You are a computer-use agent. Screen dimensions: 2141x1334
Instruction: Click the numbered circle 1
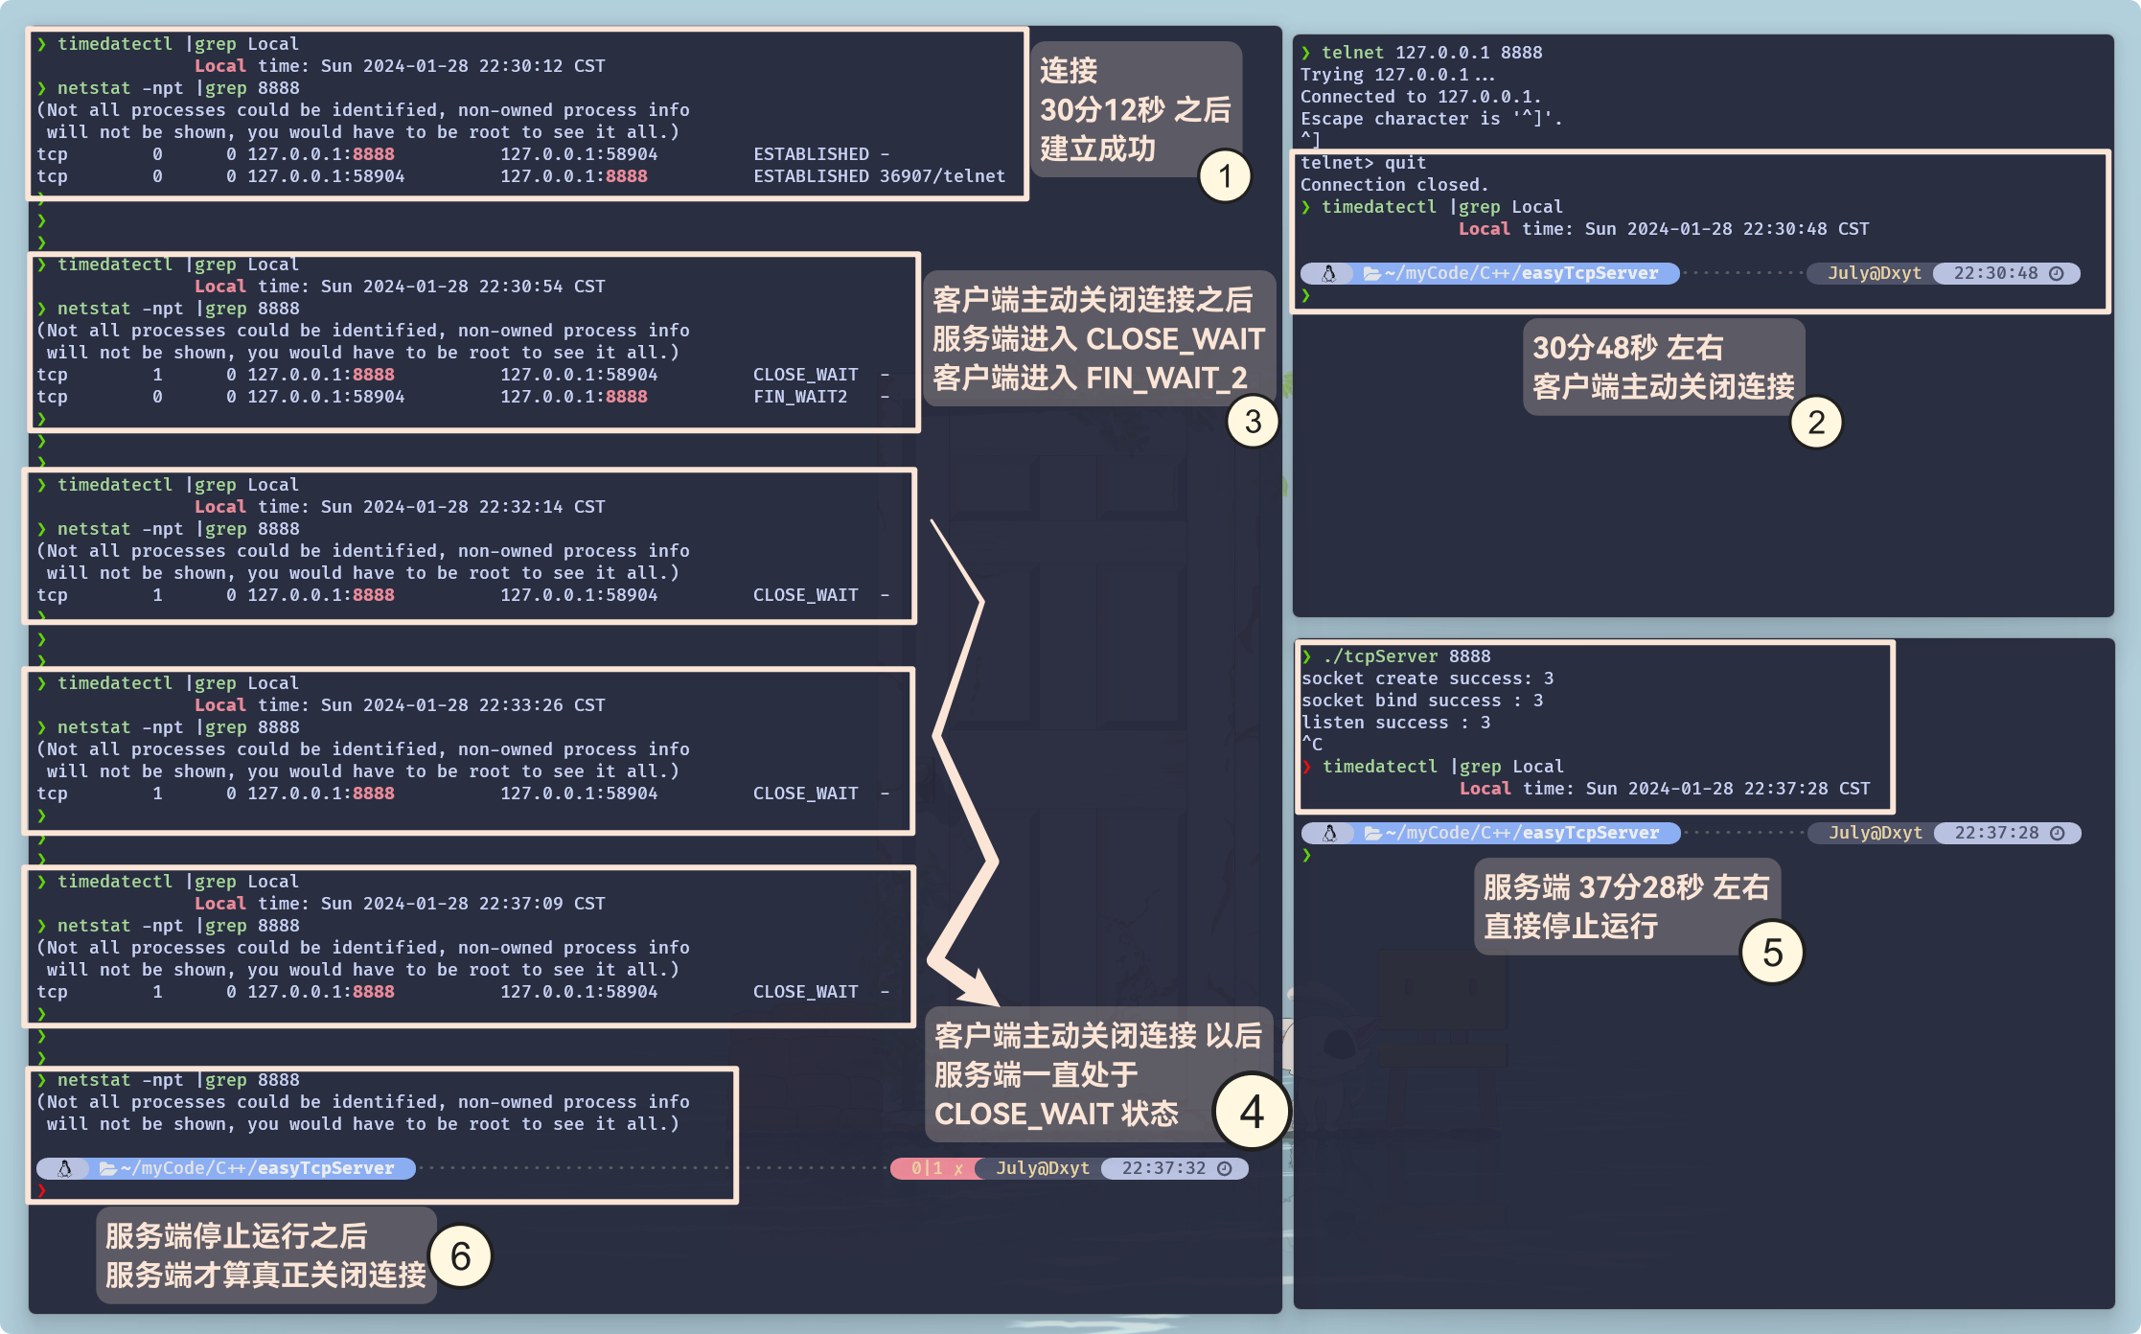[1225, 176]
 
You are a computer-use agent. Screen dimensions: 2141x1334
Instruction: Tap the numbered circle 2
[1815, 423]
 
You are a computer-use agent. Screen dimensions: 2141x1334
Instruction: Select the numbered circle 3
[1253, 422]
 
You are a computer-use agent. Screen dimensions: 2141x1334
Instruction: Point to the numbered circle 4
[1251, 1112]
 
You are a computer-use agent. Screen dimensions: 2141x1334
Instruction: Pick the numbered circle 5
[1772, 953]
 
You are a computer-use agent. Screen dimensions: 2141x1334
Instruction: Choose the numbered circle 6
[460, 1255]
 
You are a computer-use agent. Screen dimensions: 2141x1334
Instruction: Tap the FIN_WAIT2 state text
[800, 397]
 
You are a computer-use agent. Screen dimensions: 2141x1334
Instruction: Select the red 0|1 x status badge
[935, 1168]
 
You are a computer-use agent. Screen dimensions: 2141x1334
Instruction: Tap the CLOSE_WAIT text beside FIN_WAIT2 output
[805, 375]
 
